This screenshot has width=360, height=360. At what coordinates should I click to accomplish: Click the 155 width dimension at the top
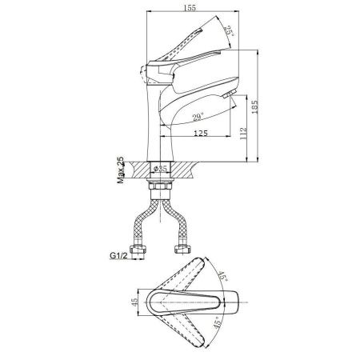190,8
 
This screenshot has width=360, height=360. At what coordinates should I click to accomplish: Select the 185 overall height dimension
255,106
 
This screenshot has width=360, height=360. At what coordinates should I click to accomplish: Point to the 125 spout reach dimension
201,133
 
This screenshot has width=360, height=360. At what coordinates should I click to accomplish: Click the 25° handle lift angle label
229,31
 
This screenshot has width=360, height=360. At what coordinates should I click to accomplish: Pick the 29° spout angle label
198,117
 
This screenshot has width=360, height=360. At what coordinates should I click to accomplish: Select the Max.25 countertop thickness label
121,170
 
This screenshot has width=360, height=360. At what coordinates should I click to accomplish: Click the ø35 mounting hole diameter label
161,169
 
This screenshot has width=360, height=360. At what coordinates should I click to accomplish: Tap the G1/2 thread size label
118,255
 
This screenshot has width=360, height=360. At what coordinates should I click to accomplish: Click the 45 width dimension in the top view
135,302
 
